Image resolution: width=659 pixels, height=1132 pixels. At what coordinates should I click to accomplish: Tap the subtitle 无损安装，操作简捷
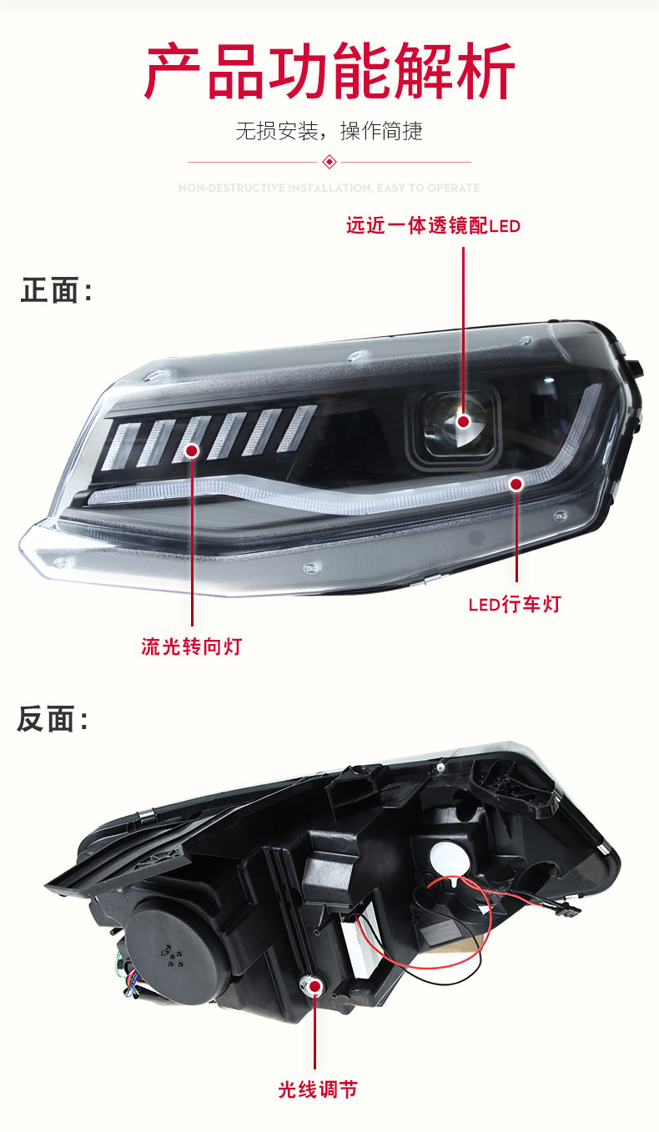point(329,131)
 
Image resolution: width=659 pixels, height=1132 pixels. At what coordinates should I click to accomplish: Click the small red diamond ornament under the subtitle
point(329,161)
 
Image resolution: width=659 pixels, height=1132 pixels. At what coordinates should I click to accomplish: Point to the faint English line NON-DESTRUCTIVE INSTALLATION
point(329,188)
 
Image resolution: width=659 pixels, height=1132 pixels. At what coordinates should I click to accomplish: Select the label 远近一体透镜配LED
point(433,225)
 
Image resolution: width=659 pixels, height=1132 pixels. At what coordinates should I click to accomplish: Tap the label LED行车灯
point(515,604)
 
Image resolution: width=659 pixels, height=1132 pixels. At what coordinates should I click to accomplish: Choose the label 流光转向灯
point(191,646)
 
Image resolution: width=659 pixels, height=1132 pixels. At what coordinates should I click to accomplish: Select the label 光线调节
point(318,1089)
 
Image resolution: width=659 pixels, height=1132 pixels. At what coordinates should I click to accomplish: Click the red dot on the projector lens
point(462,421)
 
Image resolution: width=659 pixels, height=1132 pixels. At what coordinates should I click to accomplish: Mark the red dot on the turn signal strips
point(192,450)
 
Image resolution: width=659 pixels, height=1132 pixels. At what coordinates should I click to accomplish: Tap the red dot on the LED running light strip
point(516,483)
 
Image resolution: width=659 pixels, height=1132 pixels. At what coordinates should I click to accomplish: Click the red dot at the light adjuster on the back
point(316,987)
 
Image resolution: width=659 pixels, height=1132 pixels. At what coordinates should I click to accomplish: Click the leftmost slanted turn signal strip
point(123,445)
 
